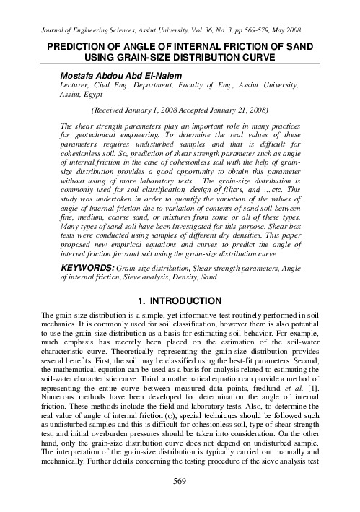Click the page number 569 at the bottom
point(180,500)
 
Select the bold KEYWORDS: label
point(86,267)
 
